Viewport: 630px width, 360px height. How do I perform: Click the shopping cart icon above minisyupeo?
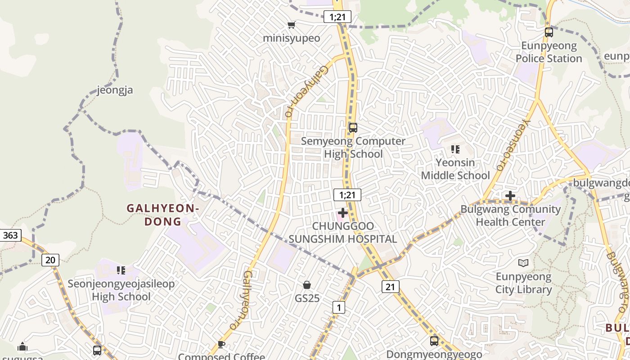[292, 25]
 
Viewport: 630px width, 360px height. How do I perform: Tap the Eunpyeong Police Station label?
[549, 52]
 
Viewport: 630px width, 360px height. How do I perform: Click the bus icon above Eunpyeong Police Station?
[549, 32]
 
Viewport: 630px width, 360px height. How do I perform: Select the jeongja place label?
[115, 90]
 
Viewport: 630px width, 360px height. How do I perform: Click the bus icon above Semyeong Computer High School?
[353, 127]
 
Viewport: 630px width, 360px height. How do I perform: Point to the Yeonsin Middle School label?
[455, 169]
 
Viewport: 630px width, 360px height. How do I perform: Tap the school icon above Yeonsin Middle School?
[455, 149]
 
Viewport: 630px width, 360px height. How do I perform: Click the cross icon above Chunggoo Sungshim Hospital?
[343, 212]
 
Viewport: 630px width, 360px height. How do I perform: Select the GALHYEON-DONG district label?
[162, 215]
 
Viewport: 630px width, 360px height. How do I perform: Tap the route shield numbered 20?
[50, 260]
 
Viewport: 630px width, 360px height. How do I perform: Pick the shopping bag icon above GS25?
[307, 285]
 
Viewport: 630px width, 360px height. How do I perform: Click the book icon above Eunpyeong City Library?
[523, 263]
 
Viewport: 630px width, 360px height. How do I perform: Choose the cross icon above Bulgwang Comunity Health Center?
[510, 196]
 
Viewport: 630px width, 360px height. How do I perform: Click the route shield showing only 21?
[390, 287]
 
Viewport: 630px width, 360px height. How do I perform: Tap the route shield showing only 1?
[338, 307]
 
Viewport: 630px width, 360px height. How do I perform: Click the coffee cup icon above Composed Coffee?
[221, 344]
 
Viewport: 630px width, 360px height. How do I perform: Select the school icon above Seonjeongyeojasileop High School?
[121, 270]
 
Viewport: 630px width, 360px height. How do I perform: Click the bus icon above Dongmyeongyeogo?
[434, 341]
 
